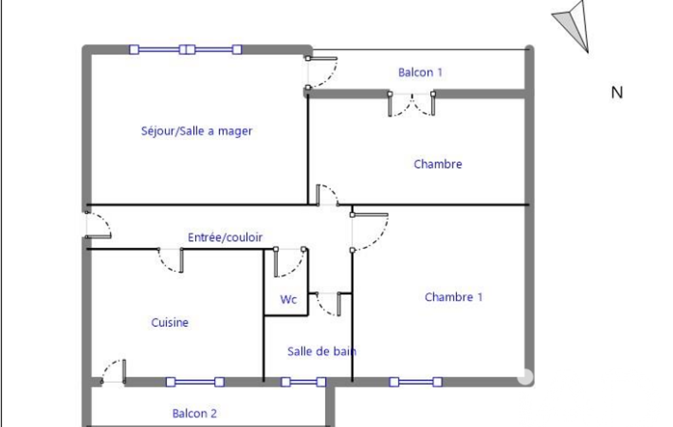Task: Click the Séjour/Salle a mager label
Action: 196,131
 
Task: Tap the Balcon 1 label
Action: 420,72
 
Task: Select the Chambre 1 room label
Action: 454,297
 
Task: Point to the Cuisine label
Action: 169,322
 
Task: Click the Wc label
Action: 288,300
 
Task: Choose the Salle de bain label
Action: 322,351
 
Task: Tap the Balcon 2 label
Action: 194,413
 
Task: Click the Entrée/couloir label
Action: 225,237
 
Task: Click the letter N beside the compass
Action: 617,93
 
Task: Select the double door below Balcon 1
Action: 412,104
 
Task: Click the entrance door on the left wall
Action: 98,225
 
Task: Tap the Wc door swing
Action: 290,262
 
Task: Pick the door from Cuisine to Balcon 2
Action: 114,372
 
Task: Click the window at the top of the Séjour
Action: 185,49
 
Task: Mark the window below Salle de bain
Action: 303,382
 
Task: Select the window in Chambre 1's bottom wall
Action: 416,382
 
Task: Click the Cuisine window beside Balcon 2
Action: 195,382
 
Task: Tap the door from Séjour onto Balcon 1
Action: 322,72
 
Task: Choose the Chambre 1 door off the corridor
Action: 370,231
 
